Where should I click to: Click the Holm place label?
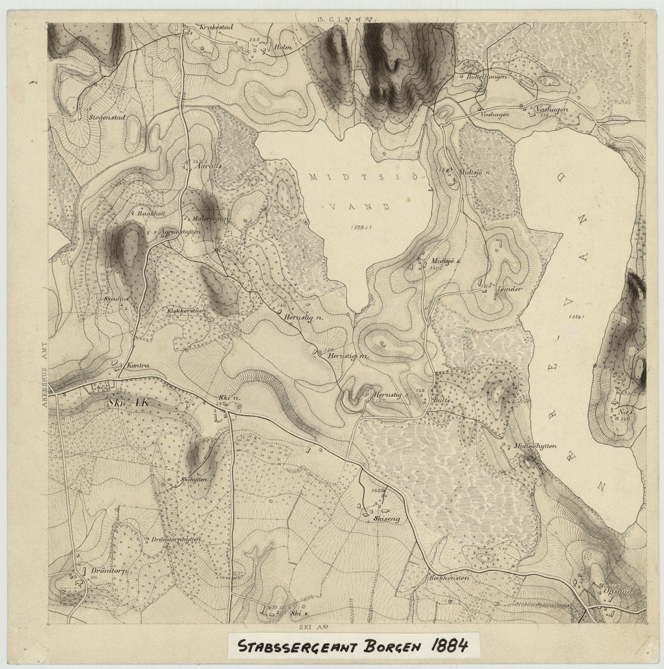[283, 47]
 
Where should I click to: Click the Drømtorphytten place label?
[176, 540]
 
